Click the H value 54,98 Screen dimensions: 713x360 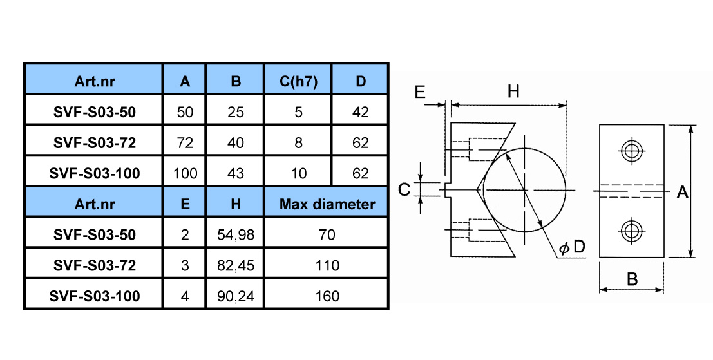click(236, 234)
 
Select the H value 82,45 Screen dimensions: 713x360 click(236, 265)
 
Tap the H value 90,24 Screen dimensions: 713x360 click(236, 296)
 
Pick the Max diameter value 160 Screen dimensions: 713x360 click(327, 296)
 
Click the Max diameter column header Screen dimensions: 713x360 click(327, 204)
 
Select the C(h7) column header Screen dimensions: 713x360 click(298, 81)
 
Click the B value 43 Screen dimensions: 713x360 click(236, 173)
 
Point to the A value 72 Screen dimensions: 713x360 click(185, 143)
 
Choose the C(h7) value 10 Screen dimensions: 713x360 click(298, 173)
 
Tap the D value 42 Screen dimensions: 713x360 click(361, 112)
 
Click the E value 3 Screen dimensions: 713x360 click(185, 265)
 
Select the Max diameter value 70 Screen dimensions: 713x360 click(327, 234)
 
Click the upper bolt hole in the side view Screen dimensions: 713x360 click(631, 151)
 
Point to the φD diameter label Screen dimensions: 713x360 click(572, 247)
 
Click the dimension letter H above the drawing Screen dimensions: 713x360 click(513, 92)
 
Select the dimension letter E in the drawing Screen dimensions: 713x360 click(420, 92)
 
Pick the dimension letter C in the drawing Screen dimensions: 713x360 click(404, 189)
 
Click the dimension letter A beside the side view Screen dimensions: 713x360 click(683, 193)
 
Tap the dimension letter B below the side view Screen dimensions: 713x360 click(632, 279)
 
